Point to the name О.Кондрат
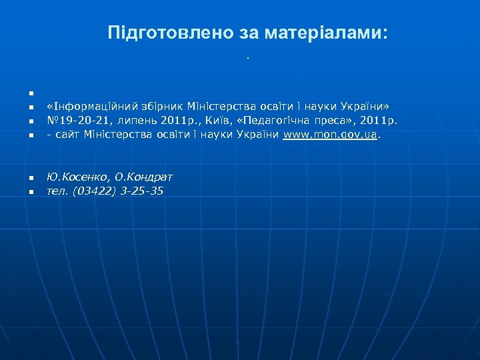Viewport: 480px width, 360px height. [x=143, y=177]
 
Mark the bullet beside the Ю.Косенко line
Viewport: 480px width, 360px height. [x=31, y=178]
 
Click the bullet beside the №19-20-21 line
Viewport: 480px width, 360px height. [x=31, y=122]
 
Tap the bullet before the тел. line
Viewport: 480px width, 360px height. [x=31, y=192]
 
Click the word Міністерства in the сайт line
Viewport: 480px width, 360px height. [x=115, y=135]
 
